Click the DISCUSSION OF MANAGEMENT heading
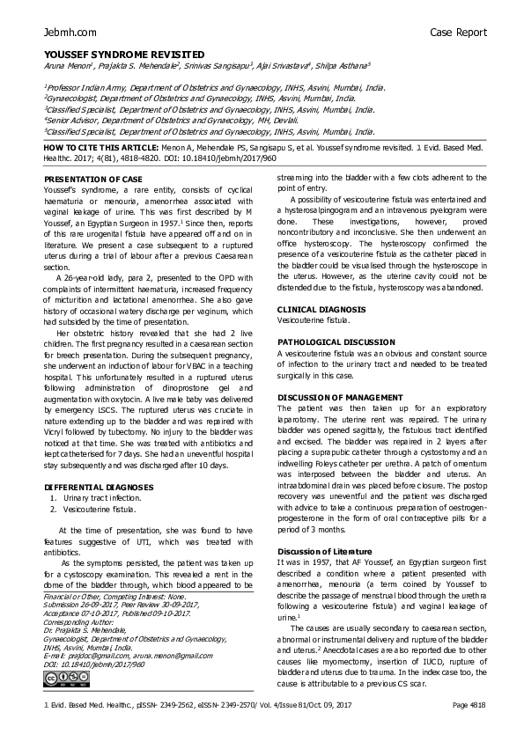coord(340,398)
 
